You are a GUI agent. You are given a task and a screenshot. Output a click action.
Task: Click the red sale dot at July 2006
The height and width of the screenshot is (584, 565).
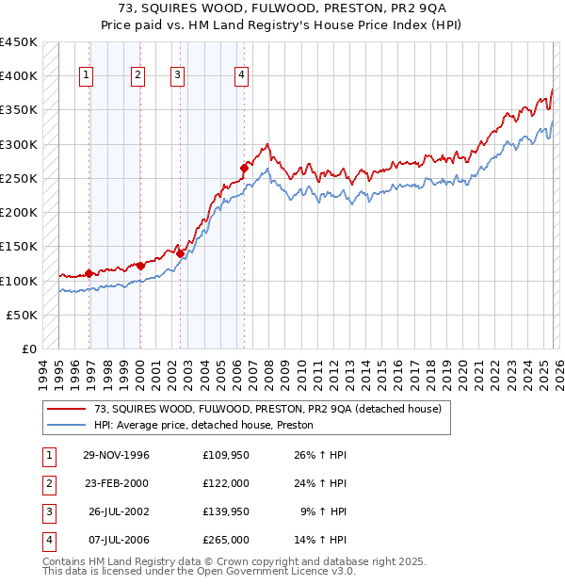pyautogui.click(x=244, y=169)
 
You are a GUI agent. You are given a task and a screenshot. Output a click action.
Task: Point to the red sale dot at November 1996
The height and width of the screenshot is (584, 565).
pyautogui.click(x=89, y=273)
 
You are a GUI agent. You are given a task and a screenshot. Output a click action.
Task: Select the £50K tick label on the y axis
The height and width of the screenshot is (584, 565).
pyautogui.click(x=23, y=315)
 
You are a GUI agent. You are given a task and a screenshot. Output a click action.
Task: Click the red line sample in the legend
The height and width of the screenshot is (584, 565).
pyautogui.click(x=67, y=409)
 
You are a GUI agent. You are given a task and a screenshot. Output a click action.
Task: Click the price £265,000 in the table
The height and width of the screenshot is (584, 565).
pyautogui.click(x=226, y=541)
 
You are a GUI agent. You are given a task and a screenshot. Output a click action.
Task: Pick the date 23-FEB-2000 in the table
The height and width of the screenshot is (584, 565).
pyautogui.click(x=116, y=483)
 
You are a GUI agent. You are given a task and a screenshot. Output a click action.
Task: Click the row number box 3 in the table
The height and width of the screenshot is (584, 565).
pyautogui.click(x=48, y=512)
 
